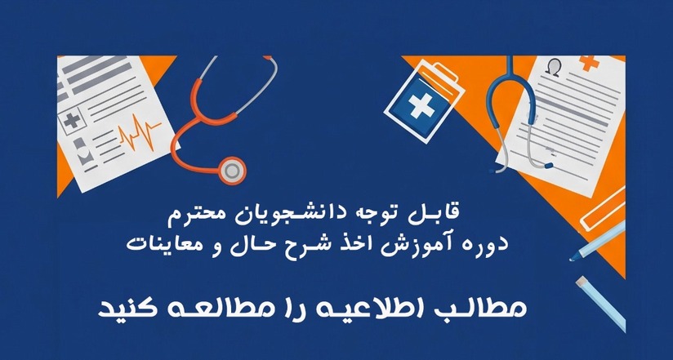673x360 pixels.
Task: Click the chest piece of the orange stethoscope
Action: pyautogui.click(x=233, y=169)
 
